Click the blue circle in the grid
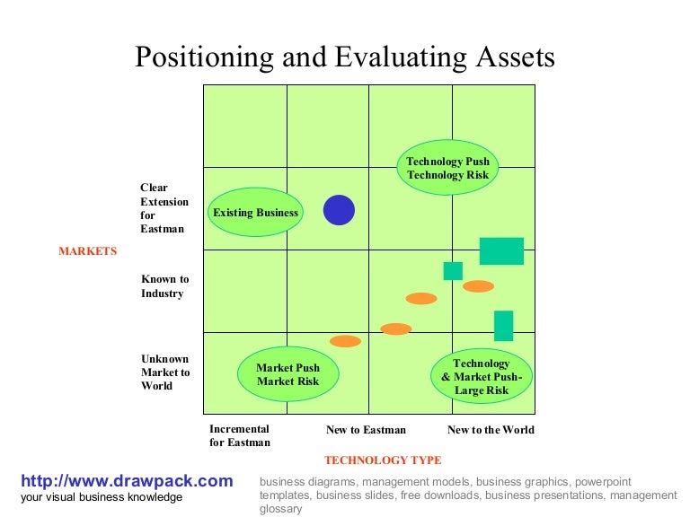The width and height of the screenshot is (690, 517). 339,210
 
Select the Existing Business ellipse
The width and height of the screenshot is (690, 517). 255,213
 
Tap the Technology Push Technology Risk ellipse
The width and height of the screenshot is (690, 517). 447,169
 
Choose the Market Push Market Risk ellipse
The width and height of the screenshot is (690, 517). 287,374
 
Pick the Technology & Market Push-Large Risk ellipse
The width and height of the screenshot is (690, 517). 482,377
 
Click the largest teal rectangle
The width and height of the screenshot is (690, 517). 501,251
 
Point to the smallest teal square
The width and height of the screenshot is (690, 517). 453,271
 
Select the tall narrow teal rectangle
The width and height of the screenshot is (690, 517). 503,326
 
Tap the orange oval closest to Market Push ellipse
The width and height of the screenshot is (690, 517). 345,341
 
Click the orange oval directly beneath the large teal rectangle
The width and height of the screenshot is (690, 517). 478,286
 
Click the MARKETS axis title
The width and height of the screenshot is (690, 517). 88,251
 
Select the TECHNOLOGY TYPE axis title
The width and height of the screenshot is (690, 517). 383,460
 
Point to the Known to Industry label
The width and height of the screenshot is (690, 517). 165,286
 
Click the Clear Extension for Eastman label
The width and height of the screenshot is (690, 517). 164,208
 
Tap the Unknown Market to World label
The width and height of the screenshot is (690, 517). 165,372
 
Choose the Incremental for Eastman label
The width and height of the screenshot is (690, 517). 240,435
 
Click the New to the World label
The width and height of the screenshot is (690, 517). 491,430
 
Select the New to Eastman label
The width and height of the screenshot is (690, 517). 366,430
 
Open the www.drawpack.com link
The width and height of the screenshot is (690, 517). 127,481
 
